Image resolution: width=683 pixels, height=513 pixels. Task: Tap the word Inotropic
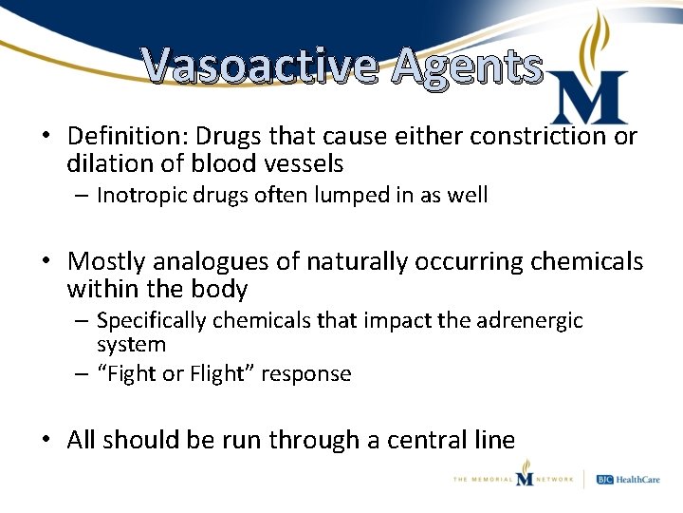(138, 196)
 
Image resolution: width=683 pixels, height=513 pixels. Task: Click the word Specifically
(151, 321)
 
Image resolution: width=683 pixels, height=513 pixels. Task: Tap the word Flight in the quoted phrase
(216, 373)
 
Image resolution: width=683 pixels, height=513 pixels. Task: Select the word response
(308, 373)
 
